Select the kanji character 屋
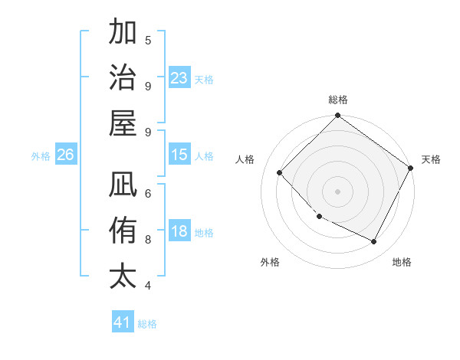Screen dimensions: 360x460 [123, 123]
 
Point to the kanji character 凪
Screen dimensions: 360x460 [123, 185]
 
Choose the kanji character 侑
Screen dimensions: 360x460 [123, 231]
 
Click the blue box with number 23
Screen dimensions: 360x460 [179, 78]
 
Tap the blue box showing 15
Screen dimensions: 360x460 [179, 155]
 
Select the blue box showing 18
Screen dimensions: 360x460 [179, 232]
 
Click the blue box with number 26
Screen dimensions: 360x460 [65, 155]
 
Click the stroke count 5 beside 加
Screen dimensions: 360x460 [148, 41]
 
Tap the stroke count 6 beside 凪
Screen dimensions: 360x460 [148, 193]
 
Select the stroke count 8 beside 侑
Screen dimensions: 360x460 [148, 239]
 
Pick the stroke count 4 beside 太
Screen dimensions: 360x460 [148, 285]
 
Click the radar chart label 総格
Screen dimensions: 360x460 [338, 100]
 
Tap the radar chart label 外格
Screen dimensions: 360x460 [270, 262]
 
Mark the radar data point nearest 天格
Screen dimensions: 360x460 [411, 168]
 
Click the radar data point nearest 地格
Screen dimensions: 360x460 [374, 242]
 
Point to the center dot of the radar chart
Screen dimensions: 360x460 [338, 191]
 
